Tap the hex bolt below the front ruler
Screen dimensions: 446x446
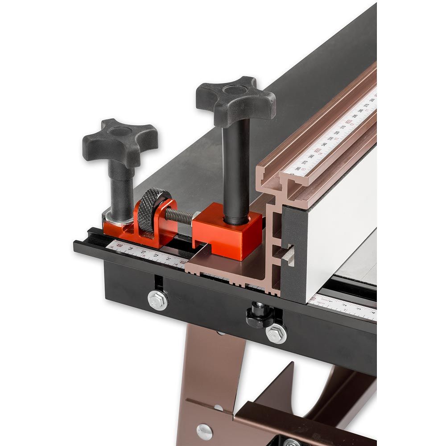pos(158,299)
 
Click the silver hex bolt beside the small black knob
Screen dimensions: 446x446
pos(277,332)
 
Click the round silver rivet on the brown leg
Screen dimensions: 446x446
pos(205,431)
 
